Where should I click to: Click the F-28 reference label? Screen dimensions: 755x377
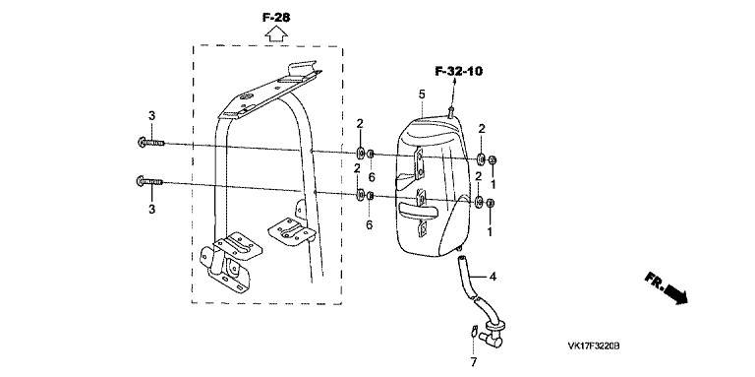click(x=276, y=18)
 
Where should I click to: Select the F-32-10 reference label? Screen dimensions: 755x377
click(x=458, y=71)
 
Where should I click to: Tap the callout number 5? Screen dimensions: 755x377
click(x=422, y=94)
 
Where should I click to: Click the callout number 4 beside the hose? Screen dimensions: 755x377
click(x=493, y=277)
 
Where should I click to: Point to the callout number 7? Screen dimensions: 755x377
click(x=473, y=361)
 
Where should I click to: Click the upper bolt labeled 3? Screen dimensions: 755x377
click(x=150, y=142)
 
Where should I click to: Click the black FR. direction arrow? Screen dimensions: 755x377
click(x=667, y=287)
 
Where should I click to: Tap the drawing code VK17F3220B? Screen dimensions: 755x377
click(x=593, y=346)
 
